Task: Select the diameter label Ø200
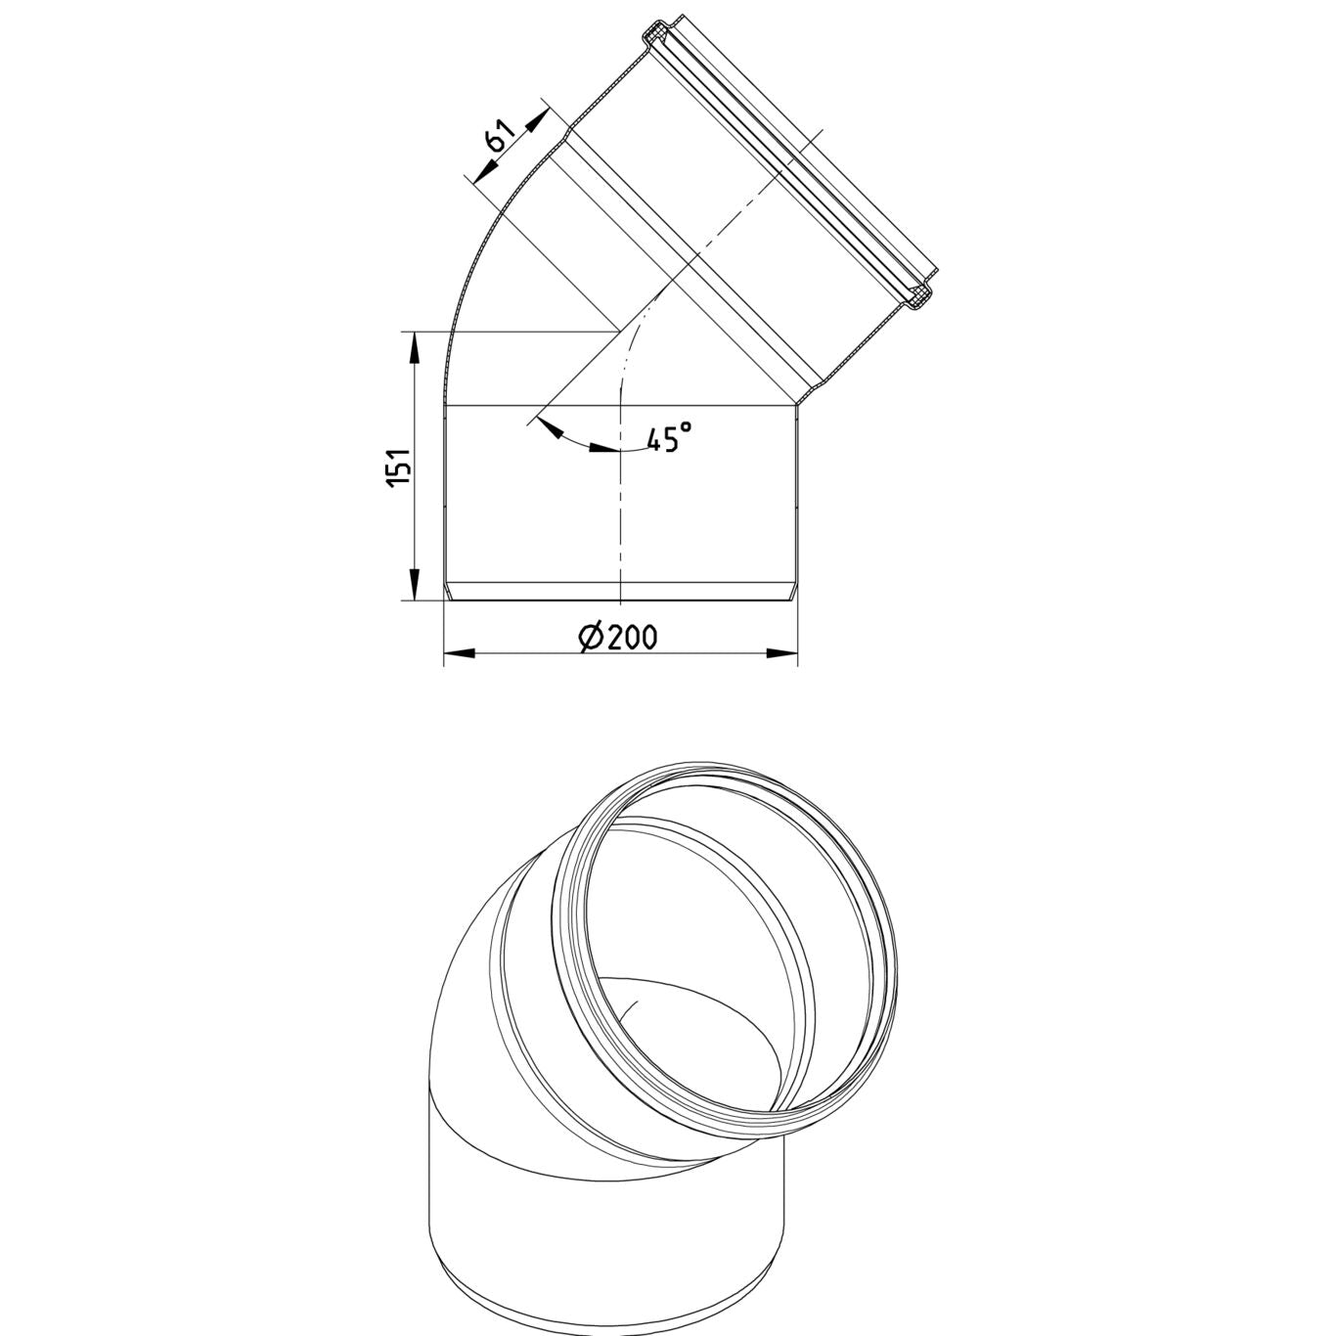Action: click(x=617, y=637)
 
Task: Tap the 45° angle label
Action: click(x=669, y=436)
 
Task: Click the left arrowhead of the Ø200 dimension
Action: click(x=459, y=652)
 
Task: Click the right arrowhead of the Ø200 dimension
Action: click(x=782, y=652)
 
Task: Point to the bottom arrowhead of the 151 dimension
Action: click(x=414, y=585)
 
